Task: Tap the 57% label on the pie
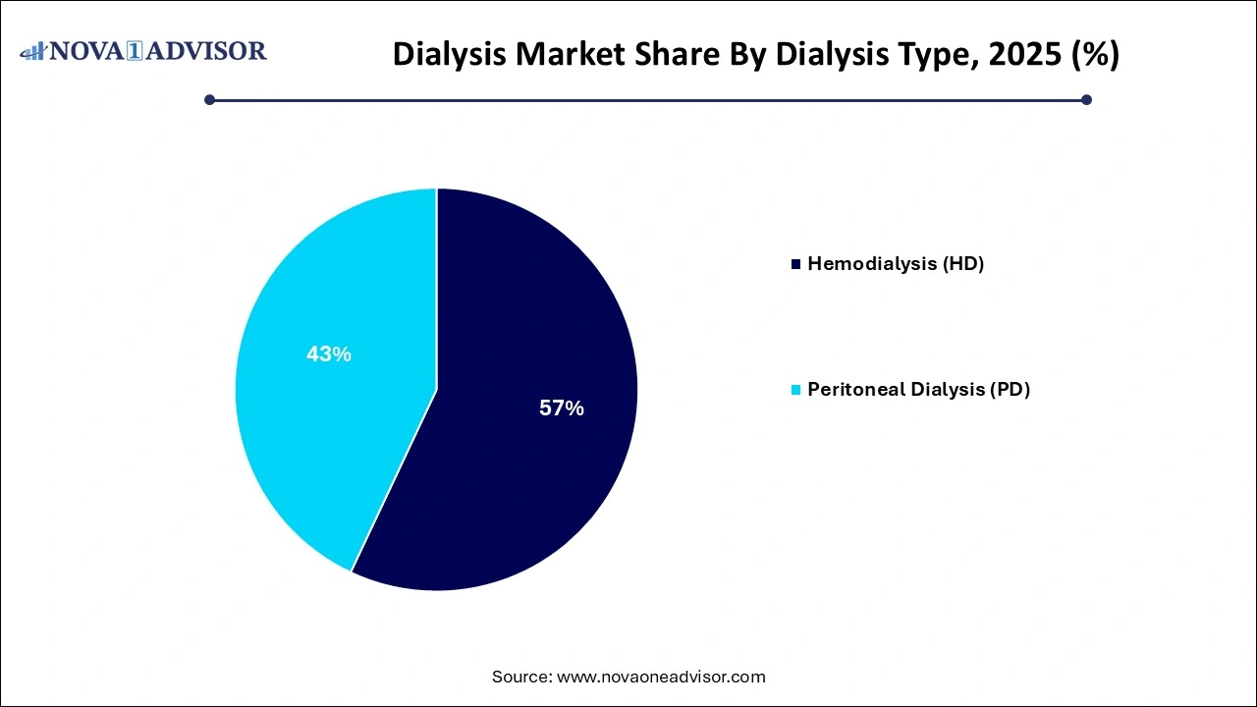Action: [x=562, y=408]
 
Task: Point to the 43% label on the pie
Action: [x=328, y=354]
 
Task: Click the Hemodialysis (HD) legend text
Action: [x=896, y=264]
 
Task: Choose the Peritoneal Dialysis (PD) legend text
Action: [x=918, y=390]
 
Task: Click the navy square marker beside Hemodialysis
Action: [x=796, y=264]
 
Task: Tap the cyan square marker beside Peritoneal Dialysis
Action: [x=796, y=390]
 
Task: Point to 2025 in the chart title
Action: [x=1018, y=55]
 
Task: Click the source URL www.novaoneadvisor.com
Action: [x=661, y=677]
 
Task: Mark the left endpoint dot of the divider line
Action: [x=209, y=99]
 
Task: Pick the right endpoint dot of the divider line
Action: [x=1086, y=99]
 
